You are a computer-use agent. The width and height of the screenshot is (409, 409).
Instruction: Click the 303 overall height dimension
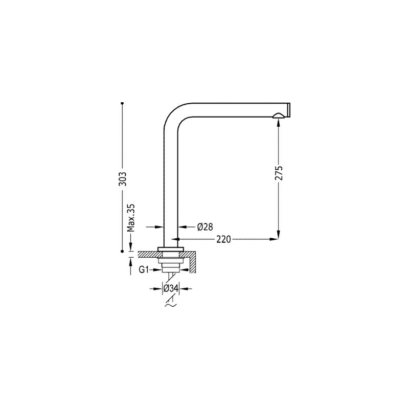[122, 178]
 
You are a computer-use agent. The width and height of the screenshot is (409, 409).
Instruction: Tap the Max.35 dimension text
[130, 218]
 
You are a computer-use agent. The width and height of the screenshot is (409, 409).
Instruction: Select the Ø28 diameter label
[205, 227]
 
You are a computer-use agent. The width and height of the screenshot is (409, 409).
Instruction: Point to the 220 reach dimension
[223, 239]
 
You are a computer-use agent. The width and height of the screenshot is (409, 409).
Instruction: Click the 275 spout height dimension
[279, 173]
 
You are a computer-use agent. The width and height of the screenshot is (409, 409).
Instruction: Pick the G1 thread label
[144, 270]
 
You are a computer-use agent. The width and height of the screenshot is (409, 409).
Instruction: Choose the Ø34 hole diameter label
[171, 288]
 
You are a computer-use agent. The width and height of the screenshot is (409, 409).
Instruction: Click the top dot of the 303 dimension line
[122, 103]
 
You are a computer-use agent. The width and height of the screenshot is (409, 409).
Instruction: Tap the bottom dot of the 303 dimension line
[122, 252]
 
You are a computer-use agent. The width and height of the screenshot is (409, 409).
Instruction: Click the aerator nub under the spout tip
[279, 116]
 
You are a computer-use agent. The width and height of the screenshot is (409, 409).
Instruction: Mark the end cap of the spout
[289, 110]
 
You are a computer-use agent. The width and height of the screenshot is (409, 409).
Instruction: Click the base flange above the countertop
[171, 248]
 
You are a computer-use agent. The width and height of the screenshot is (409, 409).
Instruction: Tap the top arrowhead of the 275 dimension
[279, 122]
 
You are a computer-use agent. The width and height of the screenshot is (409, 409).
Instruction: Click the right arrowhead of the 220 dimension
[274, 239]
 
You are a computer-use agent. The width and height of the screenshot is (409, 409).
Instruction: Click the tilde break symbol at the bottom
[170, 305]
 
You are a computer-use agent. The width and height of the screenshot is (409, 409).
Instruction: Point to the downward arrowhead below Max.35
[130, 247]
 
